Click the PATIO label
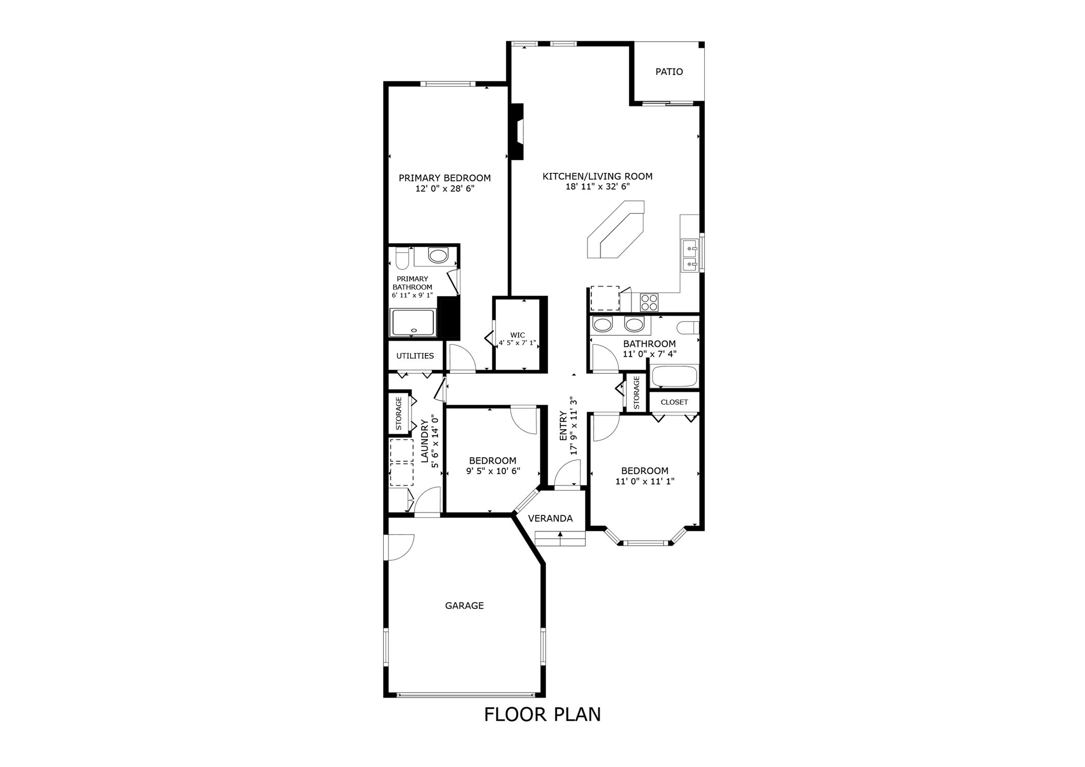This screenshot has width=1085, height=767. click(x=669, y=72)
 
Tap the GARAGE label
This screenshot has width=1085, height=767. click(x=464, y=606)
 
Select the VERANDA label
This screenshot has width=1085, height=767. click(x=550, y=519)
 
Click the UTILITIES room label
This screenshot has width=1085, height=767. click(x=415, y=356)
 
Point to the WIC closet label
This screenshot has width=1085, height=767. click(x=518, y=335)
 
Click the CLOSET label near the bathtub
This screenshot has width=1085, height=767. click(x=674, y=402)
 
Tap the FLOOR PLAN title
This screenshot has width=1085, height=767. click(x=542, y=715)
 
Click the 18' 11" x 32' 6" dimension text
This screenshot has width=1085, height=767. click(x=597, y=187)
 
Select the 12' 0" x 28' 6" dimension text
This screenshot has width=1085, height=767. click(x=444, y=189)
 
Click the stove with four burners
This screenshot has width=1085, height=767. click(x=649, y=302)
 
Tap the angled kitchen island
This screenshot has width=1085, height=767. click(x=616, y=229)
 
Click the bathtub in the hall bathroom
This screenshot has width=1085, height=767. click(x=674, y=377)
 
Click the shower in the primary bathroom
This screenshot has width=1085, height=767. click(x=413, y=323)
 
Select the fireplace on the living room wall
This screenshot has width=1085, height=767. click(x=517, y=132)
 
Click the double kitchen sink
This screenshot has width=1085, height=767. click(x=689, y=256)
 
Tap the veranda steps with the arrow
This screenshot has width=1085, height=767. click(x=560, y=539)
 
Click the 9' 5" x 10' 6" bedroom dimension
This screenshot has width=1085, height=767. click(x=493, y=471)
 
